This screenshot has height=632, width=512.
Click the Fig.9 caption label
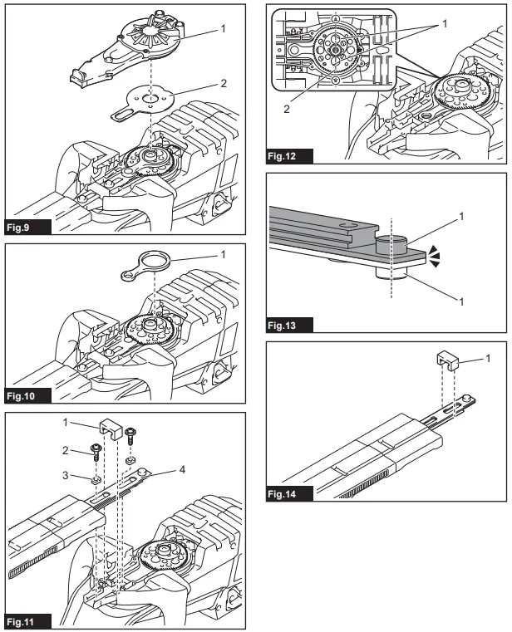click(x=24, y=226)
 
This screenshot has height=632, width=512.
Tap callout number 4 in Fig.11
click(x=182, y=469)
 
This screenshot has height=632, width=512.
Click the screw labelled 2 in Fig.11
click(x=97, y=451)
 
